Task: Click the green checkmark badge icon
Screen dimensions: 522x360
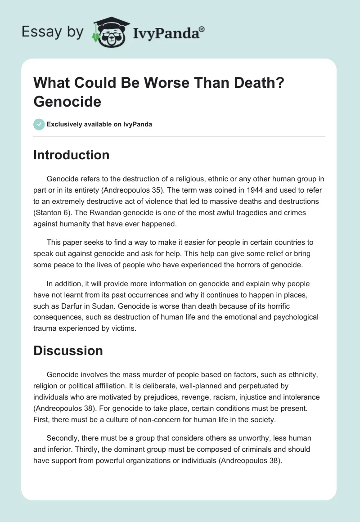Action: pyautogui.click(x=39, y=124)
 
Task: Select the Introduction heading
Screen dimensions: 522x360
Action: pyautogui.click(x=71, y=155)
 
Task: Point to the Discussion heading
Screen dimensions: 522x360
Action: pyautogui.click(x=68, y=351)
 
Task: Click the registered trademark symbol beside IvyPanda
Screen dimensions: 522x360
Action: pyautogui.click(x=202, y=28)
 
